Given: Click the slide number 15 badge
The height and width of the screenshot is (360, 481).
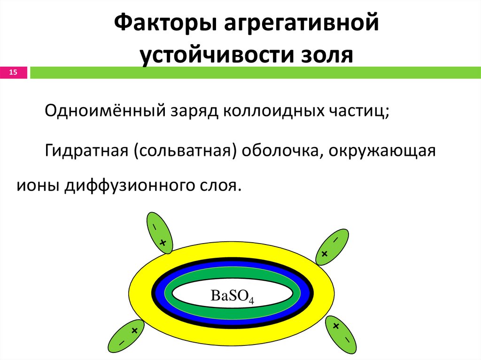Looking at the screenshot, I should pyautogui.click(x=13, y=72).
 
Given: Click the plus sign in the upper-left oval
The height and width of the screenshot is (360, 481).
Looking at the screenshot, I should pyautogui.click(x=163, y=243).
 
